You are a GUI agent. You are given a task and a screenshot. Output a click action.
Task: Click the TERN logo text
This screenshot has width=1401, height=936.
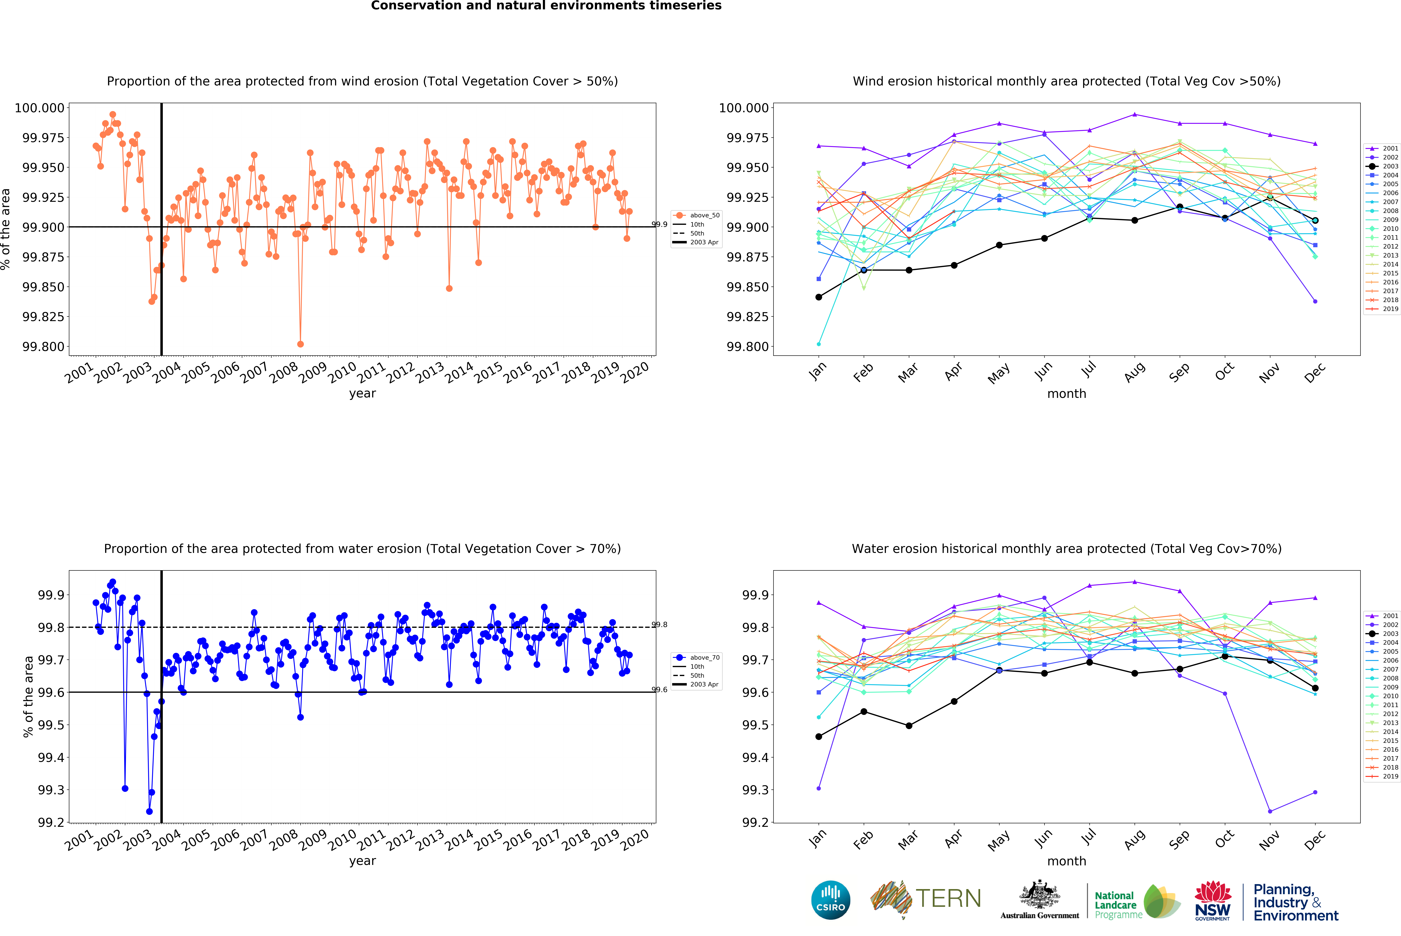coord(948,898)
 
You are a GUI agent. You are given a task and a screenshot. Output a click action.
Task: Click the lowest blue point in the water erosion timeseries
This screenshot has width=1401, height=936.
coord(149,811)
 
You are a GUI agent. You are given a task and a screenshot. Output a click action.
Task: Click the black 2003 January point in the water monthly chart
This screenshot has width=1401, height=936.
coord(818,737)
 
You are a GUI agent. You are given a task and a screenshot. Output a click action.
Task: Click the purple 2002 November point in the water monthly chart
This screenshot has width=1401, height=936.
coord(1270,811)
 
